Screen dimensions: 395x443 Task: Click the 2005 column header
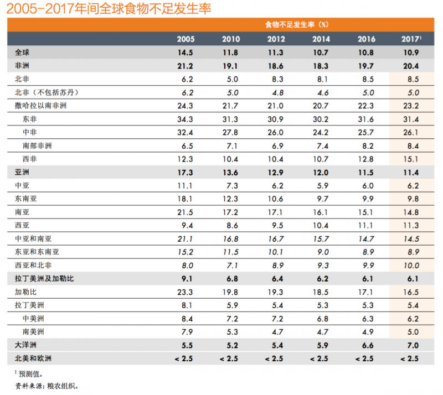pyautogui.click(x=186, y=39)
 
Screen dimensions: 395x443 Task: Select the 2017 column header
pyautogui.click(x=411, y=39)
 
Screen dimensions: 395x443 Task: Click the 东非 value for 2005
pyautogui.click(x=186, y=118)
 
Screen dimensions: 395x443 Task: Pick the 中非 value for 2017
pyautogui.click(x=411, y=132)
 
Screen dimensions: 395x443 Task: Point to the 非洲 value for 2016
pyautogui.click(x=366, y=65)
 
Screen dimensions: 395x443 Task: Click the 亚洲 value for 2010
pyautogui.click(x=231, y=173)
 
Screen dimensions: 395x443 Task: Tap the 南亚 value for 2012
pyautogui.click(x=276, y=212)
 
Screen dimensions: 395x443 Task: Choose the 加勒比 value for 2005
pyautogui.click(x=186, y=292)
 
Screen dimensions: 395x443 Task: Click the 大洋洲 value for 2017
pyautogui.click(x=411, y=345)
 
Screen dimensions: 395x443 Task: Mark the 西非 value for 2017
pyautogui.click(x=411, y=159)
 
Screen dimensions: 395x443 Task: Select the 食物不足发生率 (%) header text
pyautogui.click(x=297, y=24)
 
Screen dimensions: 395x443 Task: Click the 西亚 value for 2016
pyautogui.click(x=366, y=225)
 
